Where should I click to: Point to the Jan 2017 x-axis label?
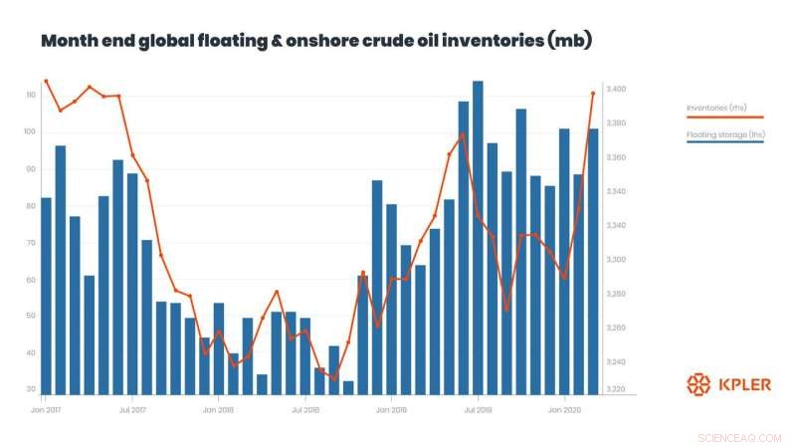click(46, 409)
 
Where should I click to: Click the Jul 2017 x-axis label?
click(132, 409)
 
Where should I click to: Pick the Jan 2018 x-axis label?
click(218, 409)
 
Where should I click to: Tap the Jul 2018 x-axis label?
click(304, 409)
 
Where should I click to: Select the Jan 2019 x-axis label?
click(391, 409)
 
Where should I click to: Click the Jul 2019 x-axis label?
click(478, 409)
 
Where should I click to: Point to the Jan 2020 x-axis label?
click(564, 409)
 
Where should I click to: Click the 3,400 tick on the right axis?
click(616, 90)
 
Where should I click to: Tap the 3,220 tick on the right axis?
click(616, 389)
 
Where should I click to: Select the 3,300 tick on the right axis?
click(616, 260)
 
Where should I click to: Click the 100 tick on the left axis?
click(31, 131)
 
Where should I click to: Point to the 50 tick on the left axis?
click(31, 316)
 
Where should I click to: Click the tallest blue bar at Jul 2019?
click(478, 239)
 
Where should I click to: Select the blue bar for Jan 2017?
click(46, 299)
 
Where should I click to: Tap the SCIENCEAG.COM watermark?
click(740, 437)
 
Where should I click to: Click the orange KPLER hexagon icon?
click(699, 384)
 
